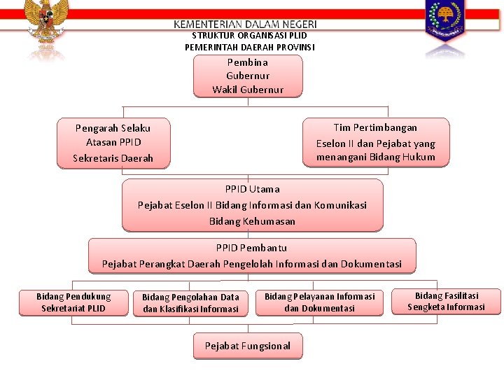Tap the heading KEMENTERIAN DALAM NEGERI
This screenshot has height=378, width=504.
[245, 24]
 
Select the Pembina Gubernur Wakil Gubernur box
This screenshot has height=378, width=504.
[248, 76]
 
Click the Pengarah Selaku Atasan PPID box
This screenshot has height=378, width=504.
[113, 143]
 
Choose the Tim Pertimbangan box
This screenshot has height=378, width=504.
[376, 142]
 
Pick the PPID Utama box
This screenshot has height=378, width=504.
[252, 205]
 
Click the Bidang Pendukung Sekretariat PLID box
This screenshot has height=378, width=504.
[73, 302]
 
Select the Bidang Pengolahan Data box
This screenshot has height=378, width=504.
[190, 303]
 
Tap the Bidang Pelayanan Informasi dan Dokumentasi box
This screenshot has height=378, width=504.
[319, 302]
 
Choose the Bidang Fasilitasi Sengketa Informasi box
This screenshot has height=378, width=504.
[446, 302]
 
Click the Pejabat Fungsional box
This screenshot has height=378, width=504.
[247, 346]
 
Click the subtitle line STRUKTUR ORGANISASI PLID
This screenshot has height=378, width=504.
[249, 36]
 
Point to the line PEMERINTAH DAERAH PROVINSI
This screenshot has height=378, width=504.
[250, 47]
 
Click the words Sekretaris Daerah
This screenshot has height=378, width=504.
[113, 158]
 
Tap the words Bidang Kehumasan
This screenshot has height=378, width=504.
[252, 221]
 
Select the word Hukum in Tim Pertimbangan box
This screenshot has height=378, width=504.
[419, 157]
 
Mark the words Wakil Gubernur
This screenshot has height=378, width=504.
[248, 90]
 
